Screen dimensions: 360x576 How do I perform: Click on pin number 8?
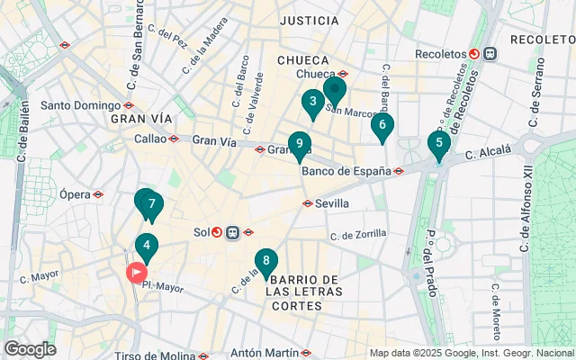265,262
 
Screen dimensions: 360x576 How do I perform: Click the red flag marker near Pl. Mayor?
137,271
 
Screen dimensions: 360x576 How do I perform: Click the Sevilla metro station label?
332,203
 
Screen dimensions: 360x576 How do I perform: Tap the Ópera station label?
76,194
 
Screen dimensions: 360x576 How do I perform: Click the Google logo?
30,349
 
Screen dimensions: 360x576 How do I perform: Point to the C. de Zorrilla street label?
358,235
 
